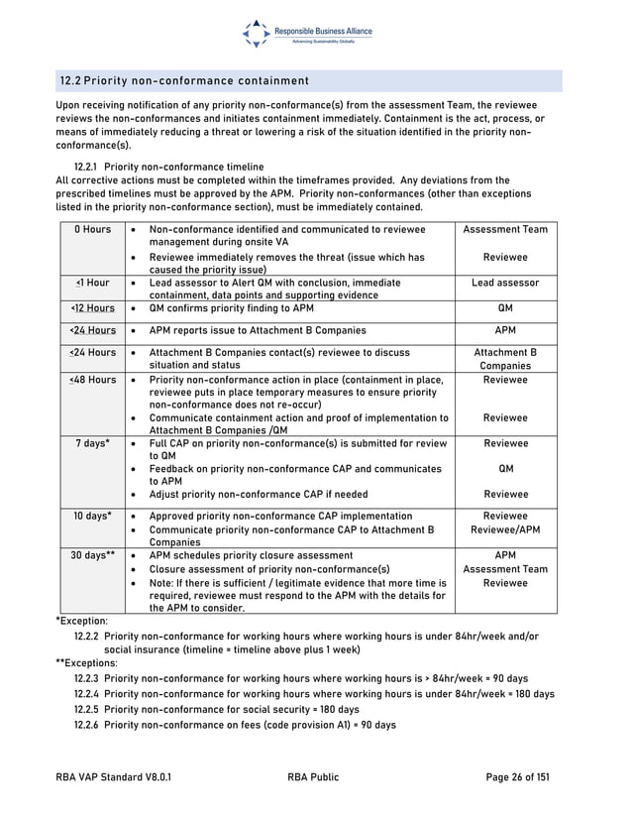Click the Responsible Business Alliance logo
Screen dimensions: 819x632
(307, 34)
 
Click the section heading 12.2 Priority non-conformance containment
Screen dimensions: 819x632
(184, 80)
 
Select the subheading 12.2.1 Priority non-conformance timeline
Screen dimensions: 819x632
(169, 167)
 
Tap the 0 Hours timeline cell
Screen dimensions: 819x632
(92, 230)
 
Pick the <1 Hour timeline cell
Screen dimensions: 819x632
(92, 283)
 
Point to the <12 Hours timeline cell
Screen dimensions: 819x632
(92, 307)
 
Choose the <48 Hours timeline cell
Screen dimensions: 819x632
(92, 380)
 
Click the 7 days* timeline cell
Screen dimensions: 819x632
(92, 443)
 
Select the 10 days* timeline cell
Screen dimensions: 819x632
(92, 517)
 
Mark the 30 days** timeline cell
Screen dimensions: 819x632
(92, 556)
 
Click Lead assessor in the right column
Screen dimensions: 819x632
(505, 283)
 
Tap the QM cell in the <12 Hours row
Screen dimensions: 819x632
(505, 307)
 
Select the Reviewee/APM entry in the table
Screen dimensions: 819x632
(505, 530)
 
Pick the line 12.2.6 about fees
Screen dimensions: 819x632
(235, 725)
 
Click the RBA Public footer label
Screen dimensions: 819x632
(313, 777)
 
